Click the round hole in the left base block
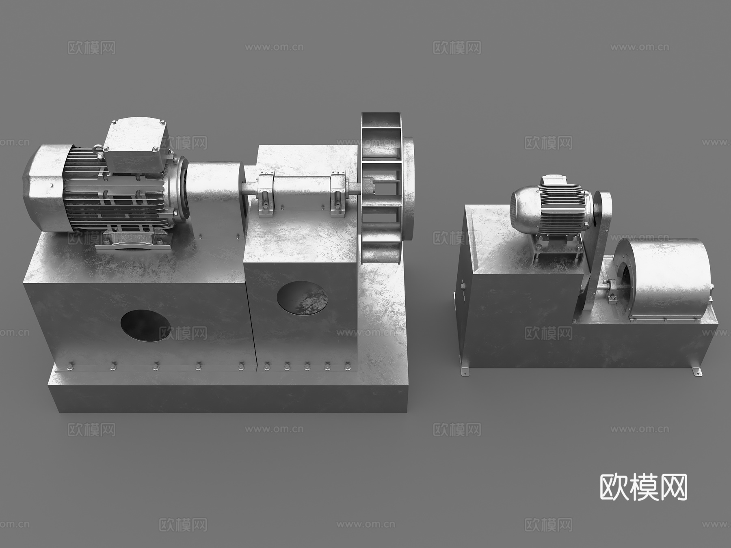(x=145, y=326)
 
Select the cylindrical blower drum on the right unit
(x=666, y=280)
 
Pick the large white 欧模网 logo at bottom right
(x=643, y=487)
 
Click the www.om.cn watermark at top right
(x=640, y=47)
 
